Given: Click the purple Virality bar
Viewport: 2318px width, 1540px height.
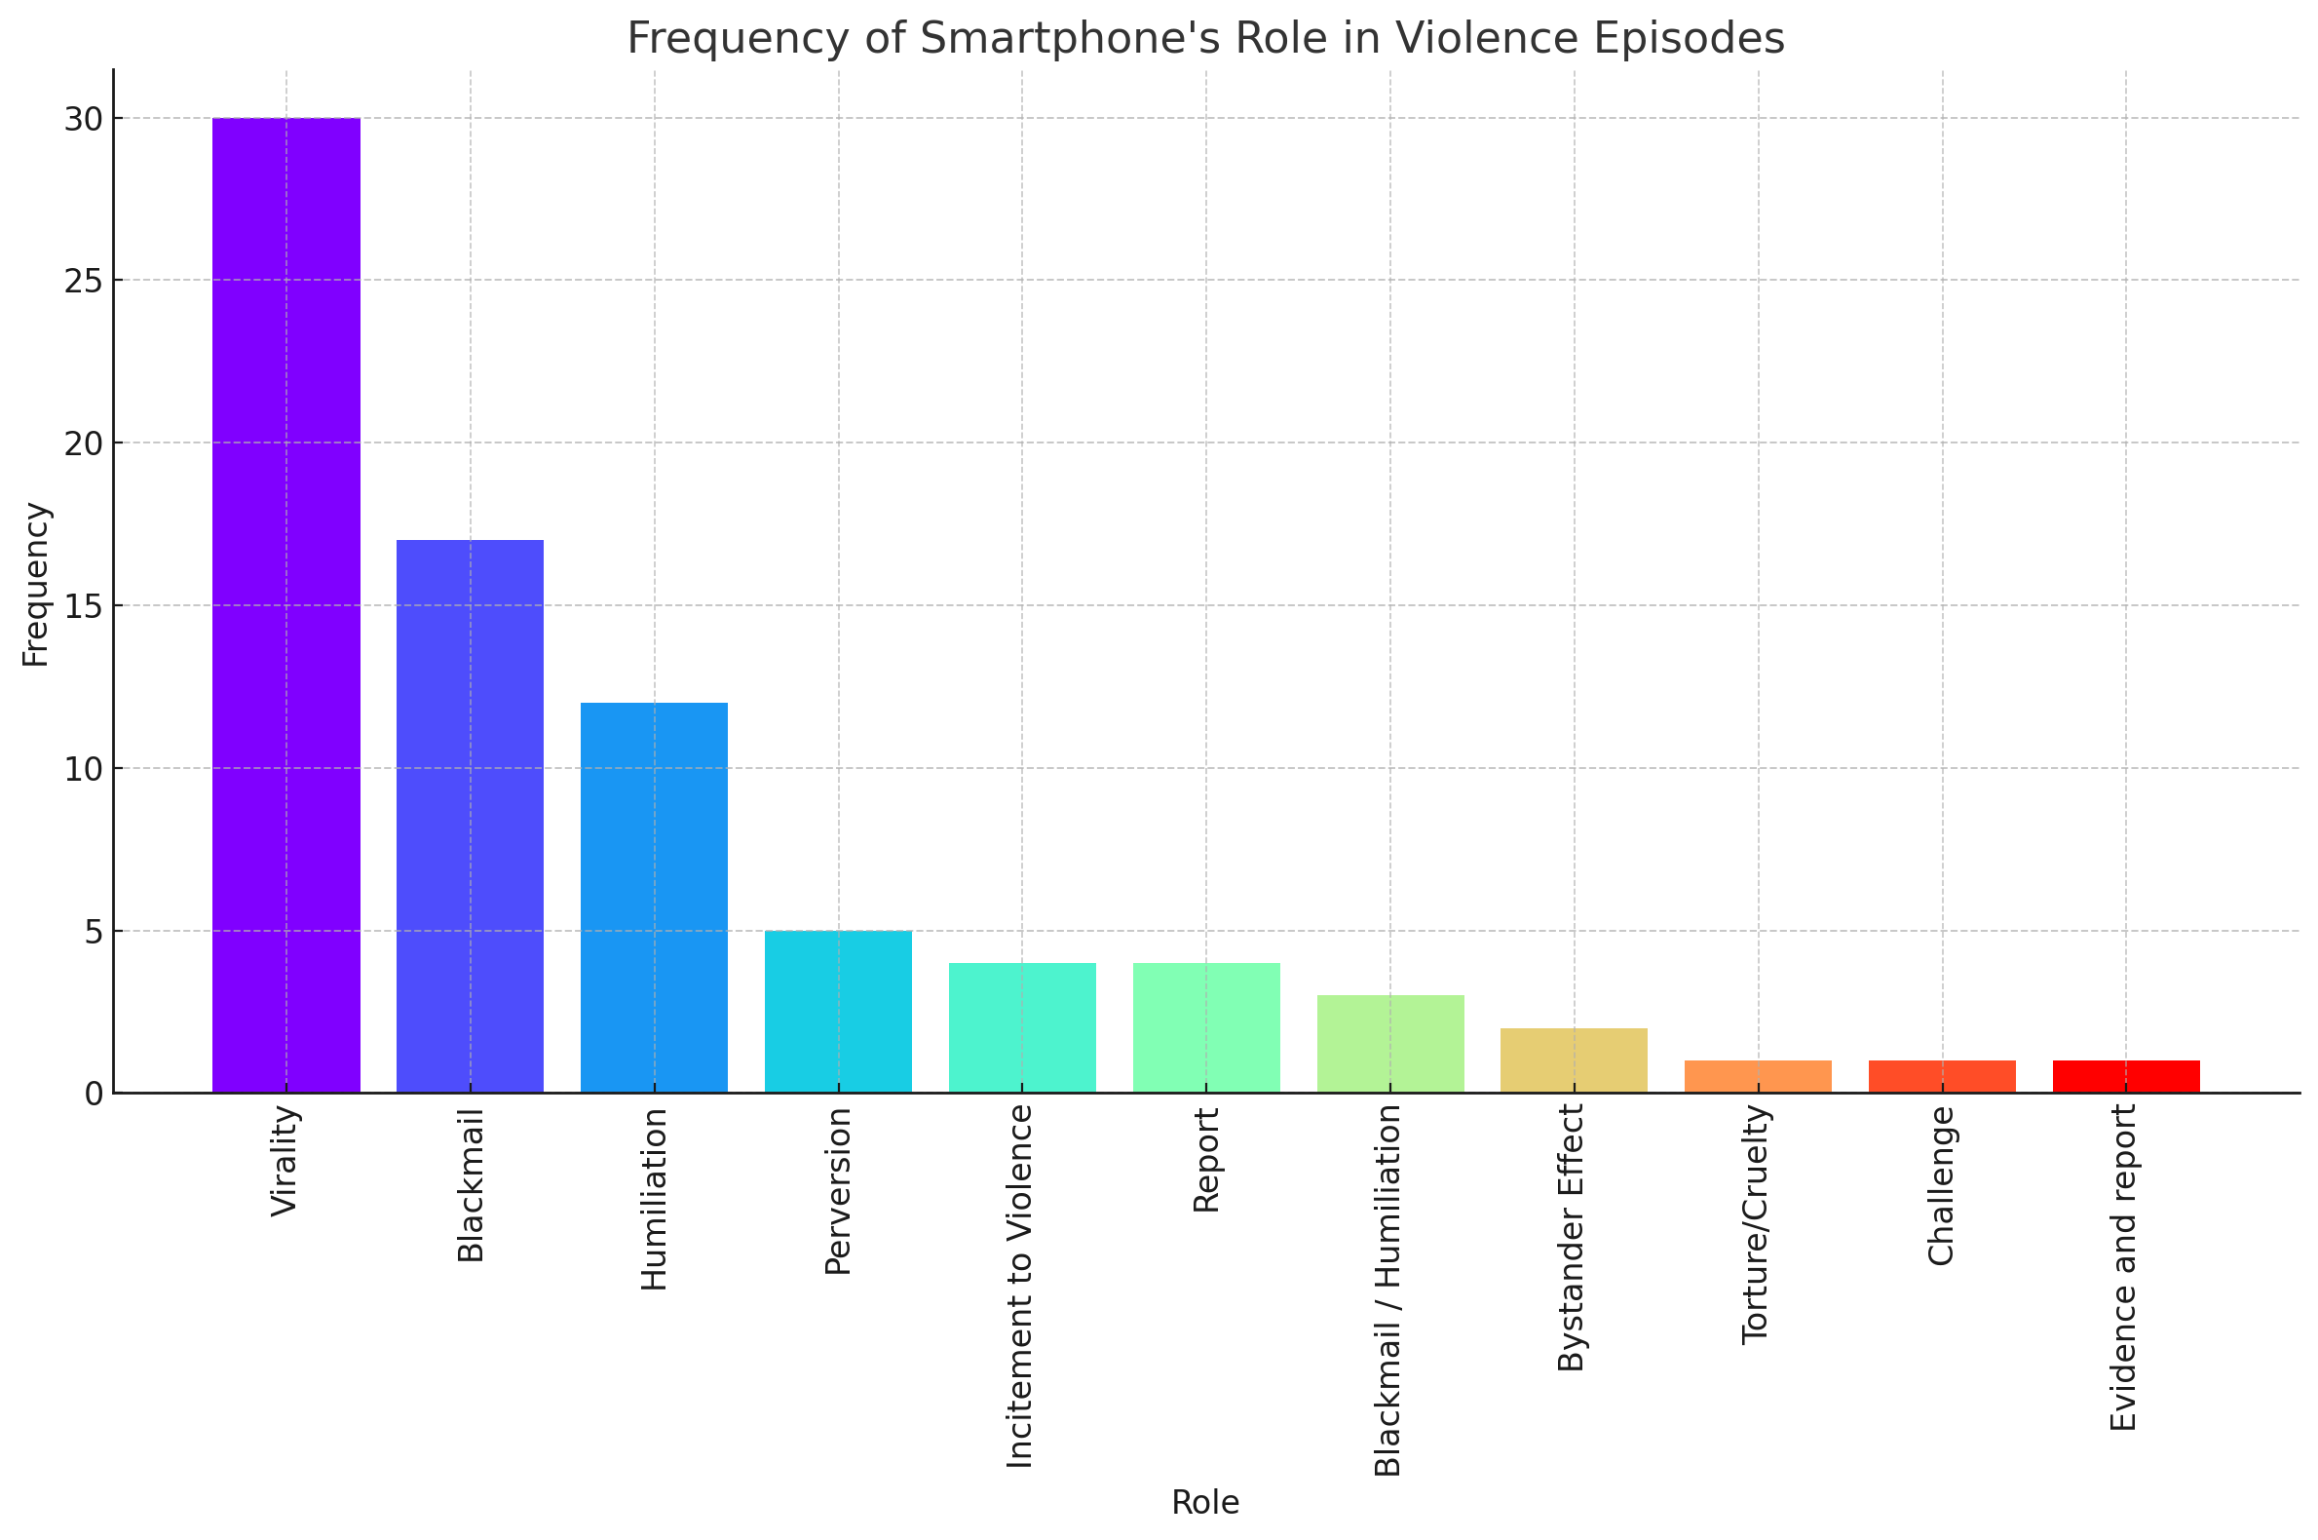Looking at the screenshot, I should [x=285, y=605].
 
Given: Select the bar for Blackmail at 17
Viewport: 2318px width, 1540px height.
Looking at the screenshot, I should [x=470, y=816].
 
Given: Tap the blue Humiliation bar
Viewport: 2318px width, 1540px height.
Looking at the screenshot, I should [x=654, y=898].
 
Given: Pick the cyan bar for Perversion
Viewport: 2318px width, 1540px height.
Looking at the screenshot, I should [x=838, y=1012].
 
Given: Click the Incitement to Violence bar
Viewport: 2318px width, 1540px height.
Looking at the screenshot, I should [x=1022, y=1028].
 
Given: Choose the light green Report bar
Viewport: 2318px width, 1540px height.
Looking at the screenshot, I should [x=1205, y=1028].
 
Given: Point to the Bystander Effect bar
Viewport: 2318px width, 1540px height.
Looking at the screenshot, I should [x=1574, y=1060].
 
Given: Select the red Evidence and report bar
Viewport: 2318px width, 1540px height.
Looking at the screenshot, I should [x=2127, y=1077].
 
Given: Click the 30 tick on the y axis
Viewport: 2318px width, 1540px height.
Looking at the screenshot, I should [x=84, y=120].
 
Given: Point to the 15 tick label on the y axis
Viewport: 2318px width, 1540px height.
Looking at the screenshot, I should [x=84, y=607].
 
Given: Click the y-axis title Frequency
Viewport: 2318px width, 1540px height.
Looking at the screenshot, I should [x=36, y=585].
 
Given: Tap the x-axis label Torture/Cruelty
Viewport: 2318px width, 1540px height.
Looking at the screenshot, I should [x=1757, y=1224].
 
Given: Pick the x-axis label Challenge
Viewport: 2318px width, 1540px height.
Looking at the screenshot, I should [x=1941, y=1185].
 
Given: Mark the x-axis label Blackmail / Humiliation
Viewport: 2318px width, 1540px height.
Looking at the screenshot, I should [x=1388, y=1290].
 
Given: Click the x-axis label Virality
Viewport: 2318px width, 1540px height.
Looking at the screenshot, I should [x=285, y=1161].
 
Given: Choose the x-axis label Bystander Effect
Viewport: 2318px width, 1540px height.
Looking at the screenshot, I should [x=1572, y=1238].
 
